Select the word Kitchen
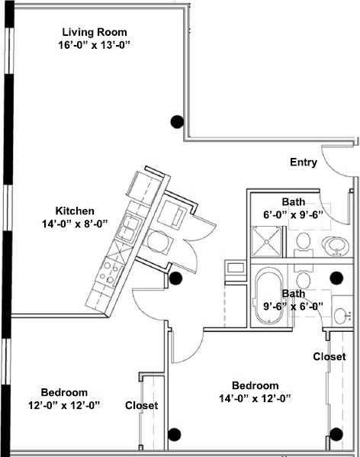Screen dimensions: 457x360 click(75, 211)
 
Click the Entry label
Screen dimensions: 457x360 click(304, 163)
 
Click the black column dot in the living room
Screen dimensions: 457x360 click(177, 121)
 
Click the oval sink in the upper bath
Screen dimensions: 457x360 click(334, 246)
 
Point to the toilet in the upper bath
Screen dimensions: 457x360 click(304, 243)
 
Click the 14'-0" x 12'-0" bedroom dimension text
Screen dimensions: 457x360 click(255, 397)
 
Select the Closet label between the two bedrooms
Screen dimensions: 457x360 click(141, 406)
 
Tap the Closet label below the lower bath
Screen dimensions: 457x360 click(329, 356)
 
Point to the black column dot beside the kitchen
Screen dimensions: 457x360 click(176, 278)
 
